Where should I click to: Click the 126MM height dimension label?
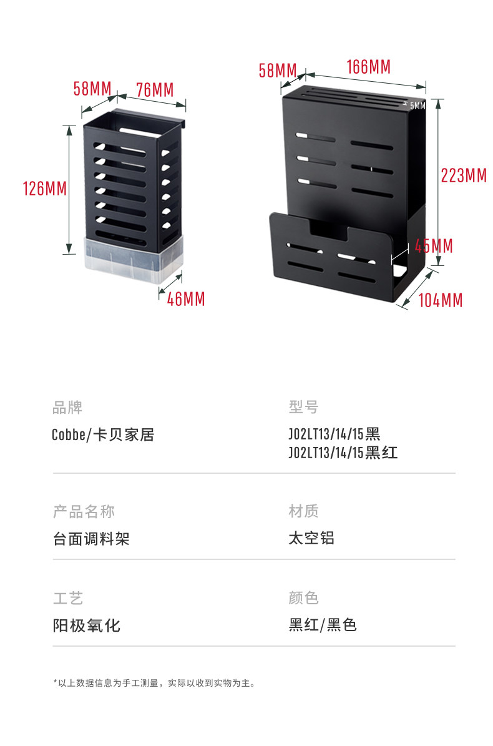[x=44, y=188]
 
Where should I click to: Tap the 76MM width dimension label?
[x=154, y=90]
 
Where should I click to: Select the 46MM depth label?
[x=185, y=299]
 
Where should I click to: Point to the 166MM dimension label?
[x=368, y=67]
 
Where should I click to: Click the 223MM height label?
[x=463, y=176]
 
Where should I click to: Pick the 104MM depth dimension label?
[x=440, y=300]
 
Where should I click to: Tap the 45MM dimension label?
[x=434, y=246]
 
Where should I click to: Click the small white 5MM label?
[x=417, y=106]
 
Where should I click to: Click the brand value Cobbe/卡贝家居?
[x=103, y=434]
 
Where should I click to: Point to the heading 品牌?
[x=67, y=408]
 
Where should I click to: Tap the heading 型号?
[x=303, y=408]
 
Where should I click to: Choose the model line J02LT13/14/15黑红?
[x=343, y=453]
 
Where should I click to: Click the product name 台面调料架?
[x=91, y=538]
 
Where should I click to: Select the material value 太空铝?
[x=311, y=537]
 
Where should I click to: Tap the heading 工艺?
[x=67, y=598]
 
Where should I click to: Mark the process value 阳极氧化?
[x=86, y=625]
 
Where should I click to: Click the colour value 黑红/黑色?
[x=322, y=625]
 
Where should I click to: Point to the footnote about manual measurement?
[x=154, y=683]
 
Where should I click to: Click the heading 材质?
[x=303, y=511]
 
